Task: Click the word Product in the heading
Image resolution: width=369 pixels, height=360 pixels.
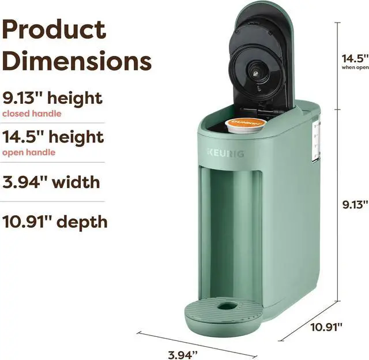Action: coord(54,29)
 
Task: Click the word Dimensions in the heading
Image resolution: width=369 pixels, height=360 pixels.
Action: coord(77,61)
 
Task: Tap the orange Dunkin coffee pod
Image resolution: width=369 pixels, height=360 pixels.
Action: coord(246,125)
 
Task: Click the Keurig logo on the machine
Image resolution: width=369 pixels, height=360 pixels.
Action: coord(225,153)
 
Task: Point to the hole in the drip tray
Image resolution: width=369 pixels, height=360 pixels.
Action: coord(227,306)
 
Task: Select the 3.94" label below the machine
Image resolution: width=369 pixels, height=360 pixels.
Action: coord(183,355)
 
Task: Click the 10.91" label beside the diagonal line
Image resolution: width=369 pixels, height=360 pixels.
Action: coord(326,327)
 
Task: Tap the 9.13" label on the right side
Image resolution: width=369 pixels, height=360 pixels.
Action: coord(355,205)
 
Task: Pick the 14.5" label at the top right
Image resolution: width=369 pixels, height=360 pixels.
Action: coord(355,58)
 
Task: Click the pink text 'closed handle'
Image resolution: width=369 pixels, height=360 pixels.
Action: coord(32,114)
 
